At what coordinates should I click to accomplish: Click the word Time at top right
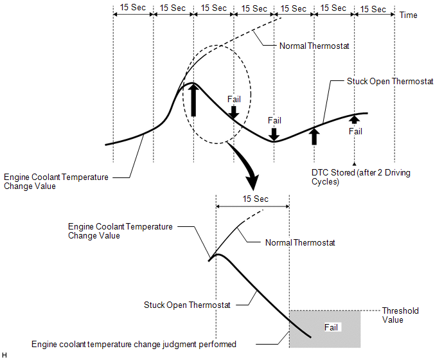point(408,15)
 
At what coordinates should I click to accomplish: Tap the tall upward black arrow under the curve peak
point(193,100)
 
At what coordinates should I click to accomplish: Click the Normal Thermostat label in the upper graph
point(314,46)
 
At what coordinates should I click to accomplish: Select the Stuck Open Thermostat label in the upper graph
point(390,81)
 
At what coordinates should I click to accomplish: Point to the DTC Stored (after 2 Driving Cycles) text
point(361,177)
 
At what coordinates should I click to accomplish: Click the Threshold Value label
point(400,315)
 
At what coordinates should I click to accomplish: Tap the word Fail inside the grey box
point(331,327)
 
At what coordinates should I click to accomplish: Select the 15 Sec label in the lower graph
point(256,199)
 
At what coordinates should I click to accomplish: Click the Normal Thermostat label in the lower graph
point(300,242)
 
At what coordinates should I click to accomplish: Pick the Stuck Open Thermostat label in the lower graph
point(187,305)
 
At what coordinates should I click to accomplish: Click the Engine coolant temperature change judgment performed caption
point(134,345)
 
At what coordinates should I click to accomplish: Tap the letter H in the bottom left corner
point(4,355)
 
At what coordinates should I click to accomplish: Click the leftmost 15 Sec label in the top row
point(133,7)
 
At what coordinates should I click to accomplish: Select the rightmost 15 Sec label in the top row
point(373,9)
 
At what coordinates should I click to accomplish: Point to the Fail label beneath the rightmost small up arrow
point(355,131)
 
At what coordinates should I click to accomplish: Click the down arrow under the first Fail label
point(234,113)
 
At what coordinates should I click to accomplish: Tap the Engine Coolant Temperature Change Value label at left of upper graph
point(56,182)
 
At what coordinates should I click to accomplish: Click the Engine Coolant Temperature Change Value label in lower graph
point(120,231)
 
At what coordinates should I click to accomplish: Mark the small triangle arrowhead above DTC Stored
point(355,164)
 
